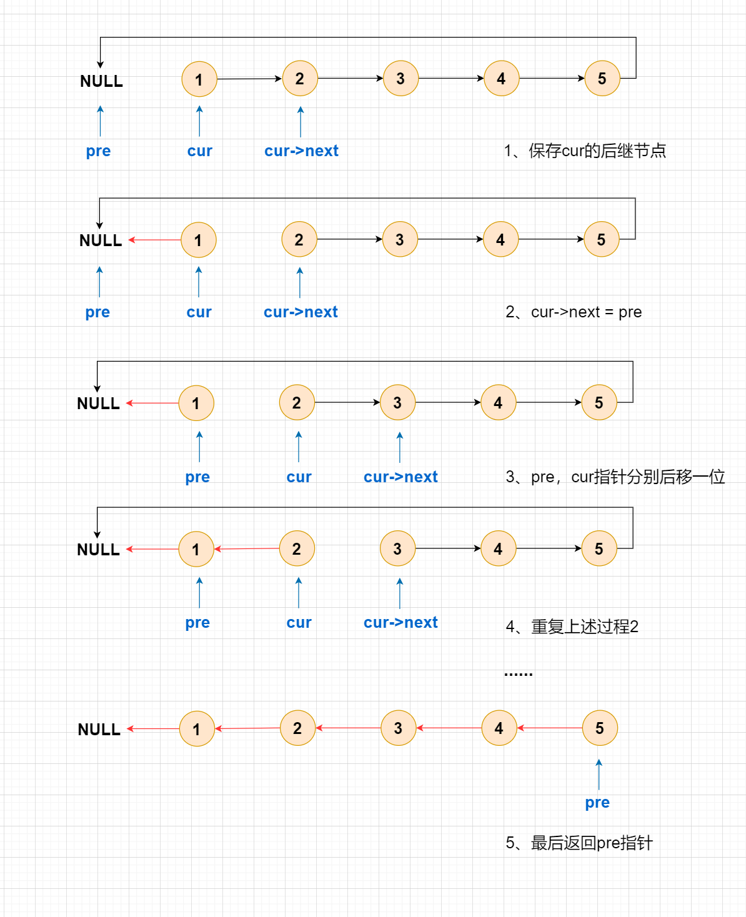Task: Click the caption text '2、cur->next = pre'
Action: tap(574, 312)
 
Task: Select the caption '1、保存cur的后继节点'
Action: tap(585, 151)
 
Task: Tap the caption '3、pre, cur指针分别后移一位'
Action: tap(615, 477)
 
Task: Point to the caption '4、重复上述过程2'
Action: tap(572, 627)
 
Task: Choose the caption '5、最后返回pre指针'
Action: tap(579, 843)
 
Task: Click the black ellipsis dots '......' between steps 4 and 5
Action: tap(519, 674)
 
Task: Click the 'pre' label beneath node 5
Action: tap(597, 803)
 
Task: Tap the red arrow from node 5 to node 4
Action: tap(550, 728)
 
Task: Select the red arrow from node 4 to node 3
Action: tap(449, 728)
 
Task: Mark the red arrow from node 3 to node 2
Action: tap(348, 728)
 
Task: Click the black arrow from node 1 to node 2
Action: tap(249, 79)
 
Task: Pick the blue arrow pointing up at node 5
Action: tap(599, 775)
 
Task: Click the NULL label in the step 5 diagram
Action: tap(99, 730)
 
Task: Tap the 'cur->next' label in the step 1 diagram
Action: tap(301, 151)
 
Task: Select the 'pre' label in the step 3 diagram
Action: tap(197, 477)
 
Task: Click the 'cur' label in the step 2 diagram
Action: tap(199, 312)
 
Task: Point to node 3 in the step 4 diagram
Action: tap(398, 548)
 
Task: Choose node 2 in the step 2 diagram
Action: tap(299, 239)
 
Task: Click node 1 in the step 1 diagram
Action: tap(199, 79)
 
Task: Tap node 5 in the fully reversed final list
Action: tap(600, 728)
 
